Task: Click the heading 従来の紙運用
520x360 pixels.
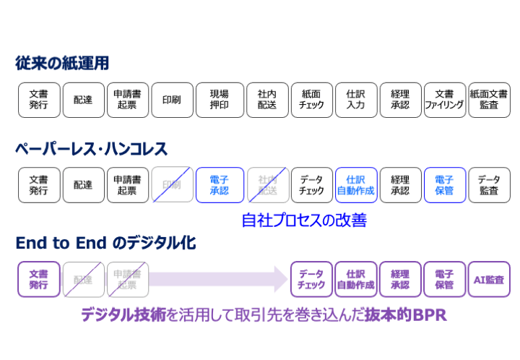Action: click(x=62, y=64)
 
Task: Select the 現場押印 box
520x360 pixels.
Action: click(x=219, y=100)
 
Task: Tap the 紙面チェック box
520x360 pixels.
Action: click(x=311, y=100)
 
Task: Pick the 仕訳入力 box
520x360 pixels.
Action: click(x=355, y=100)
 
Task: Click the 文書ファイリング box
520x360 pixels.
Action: click(x=444, y=100)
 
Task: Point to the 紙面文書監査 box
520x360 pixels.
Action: click(x=489, y=100)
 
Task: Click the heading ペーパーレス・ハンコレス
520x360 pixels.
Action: click(x=91, y=150)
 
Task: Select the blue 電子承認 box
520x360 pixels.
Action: click(x=219, y=185)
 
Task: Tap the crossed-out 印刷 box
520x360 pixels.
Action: click(x=172, y=185)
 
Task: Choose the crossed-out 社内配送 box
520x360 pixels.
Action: click(x=266, y=185)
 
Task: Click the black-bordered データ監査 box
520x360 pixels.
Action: click(x=489, y=185)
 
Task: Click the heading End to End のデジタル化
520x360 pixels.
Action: click(x=105, y=243)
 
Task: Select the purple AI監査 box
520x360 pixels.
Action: click(x=489, y=279)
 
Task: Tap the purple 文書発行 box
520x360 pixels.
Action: click(x=39, y=279)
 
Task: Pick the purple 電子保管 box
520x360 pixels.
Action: click(x=444, y=279)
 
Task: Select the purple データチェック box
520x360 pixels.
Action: click(x=311, y=279)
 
